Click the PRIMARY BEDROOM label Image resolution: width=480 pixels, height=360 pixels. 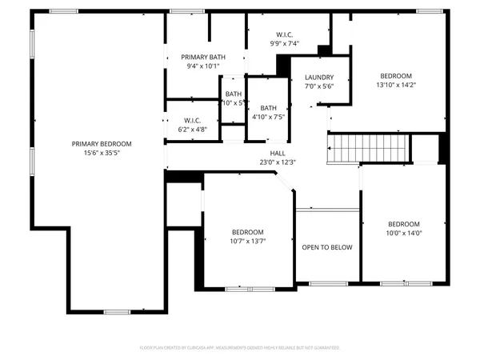coord(102,144)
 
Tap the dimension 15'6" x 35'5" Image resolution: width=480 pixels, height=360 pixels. coord(102,153)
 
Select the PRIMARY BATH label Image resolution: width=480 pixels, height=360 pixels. coord(203,57)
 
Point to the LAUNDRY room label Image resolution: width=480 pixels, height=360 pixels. coord(318,78)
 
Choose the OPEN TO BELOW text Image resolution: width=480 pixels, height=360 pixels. coord(327,247)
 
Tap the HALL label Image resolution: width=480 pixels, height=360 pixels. coord(278,153)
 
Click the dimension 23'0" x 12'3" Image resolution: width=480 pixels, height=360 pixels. coord(278,162)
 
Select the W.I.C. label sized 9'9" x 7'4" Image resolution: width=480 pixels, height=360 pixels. coord(284,34)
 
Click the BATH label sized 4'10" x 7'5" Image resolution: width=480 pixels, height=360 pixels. coord(268,108)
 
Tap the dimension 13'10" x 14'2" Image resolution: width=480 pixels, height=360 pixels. coord(396,84)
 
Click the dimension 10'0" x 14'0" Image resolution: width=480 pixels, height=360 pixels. coord(404,233)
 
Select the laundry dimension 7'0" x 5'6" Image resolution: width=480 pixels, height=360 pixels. coord(318,86)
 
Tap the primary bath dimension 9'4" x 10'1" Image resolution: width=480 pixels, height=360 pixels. coord(203,66)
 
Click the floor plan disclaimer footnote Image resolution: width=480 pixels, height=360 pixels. coord(240,348)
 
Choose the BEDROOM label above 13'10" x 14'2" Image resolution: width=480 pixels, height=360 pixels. coord(396,74)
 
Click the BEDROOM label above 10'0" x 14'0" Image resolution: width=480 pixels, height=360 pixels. coord(404,223)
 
